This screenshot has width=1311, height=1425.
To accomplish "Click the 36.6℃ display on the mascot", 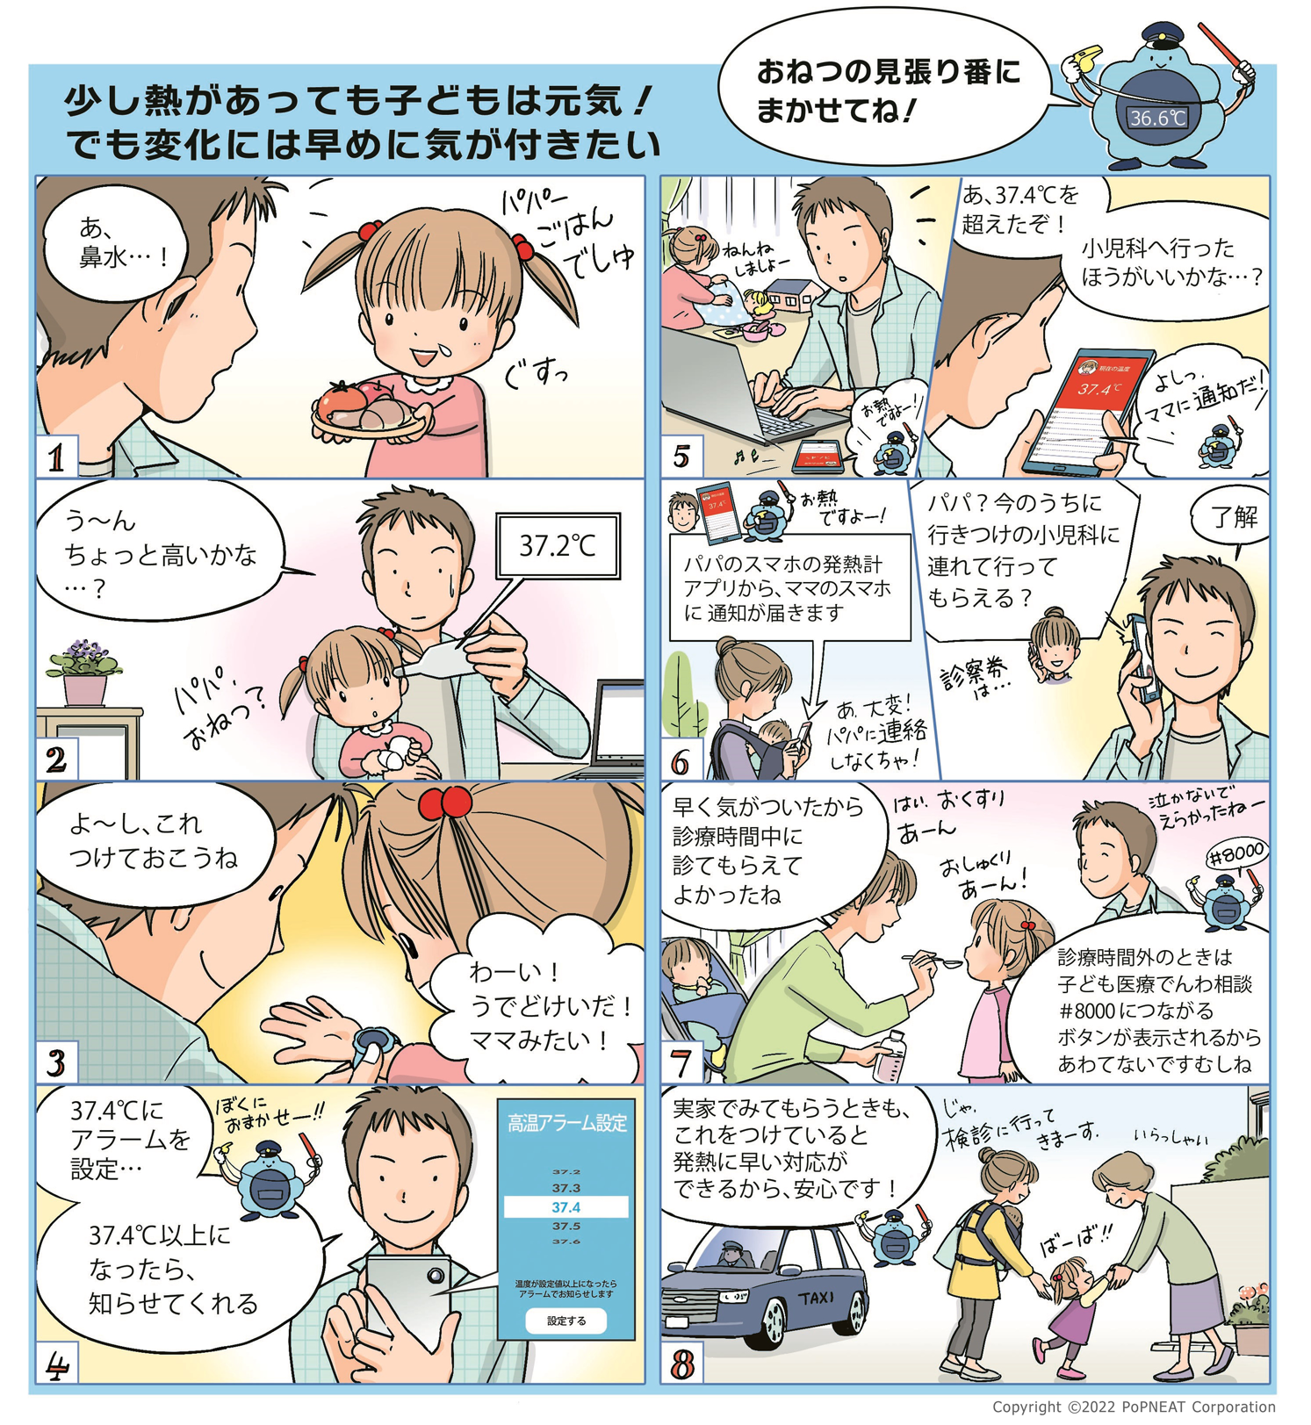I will (1157, 118).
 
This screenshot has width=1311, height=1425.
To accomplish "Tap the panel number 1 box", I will (57, 457).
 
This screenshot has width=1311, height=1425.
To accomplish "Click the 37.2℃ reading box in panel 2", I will (558, 546).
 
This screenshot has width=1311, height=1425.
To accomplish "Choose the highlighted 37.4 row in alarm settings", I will (566, 1207).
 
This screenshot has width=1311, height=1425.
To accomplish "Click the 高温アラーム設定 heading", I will (567, 1123).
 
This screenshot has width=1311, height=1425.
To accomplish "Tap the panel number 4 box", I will (57, 1364).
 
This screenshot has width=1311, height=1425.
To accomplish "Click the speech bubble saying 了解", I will (1234, 518).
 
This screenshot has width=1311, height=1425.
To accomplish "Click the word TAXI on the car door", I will (816, 1298).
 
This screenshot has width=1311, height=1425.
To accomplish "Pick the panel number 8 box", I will (682, 1364).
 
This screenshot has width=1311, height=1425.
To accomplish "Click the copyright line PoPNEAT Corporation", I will (1133, 1407).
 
